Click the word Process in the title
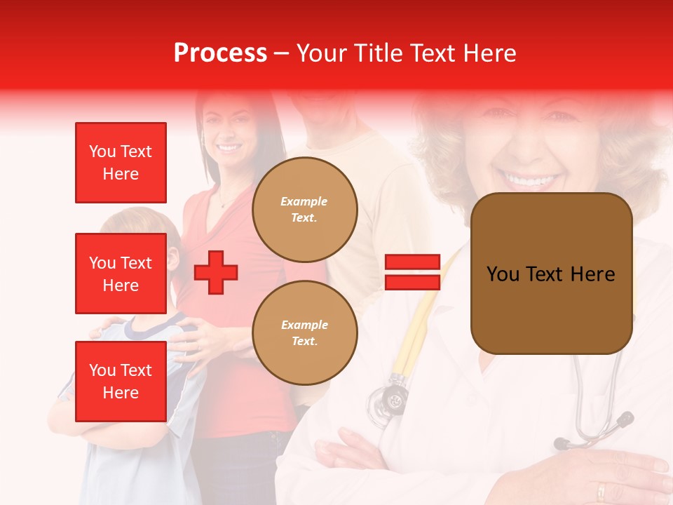220,53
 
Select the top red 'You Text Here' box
121,163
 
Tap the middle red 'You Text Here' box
121,274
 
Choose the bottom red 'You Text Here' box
121,381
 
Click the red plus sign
216,272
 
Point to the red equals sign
412,272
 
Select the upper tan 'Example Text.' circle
304,210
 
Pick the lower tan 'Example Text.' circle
304,332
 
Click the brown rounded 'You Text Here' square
551,274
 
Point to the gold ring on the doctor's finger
601,490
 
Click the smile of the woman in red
228,148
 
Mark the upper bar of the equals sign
412,262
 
